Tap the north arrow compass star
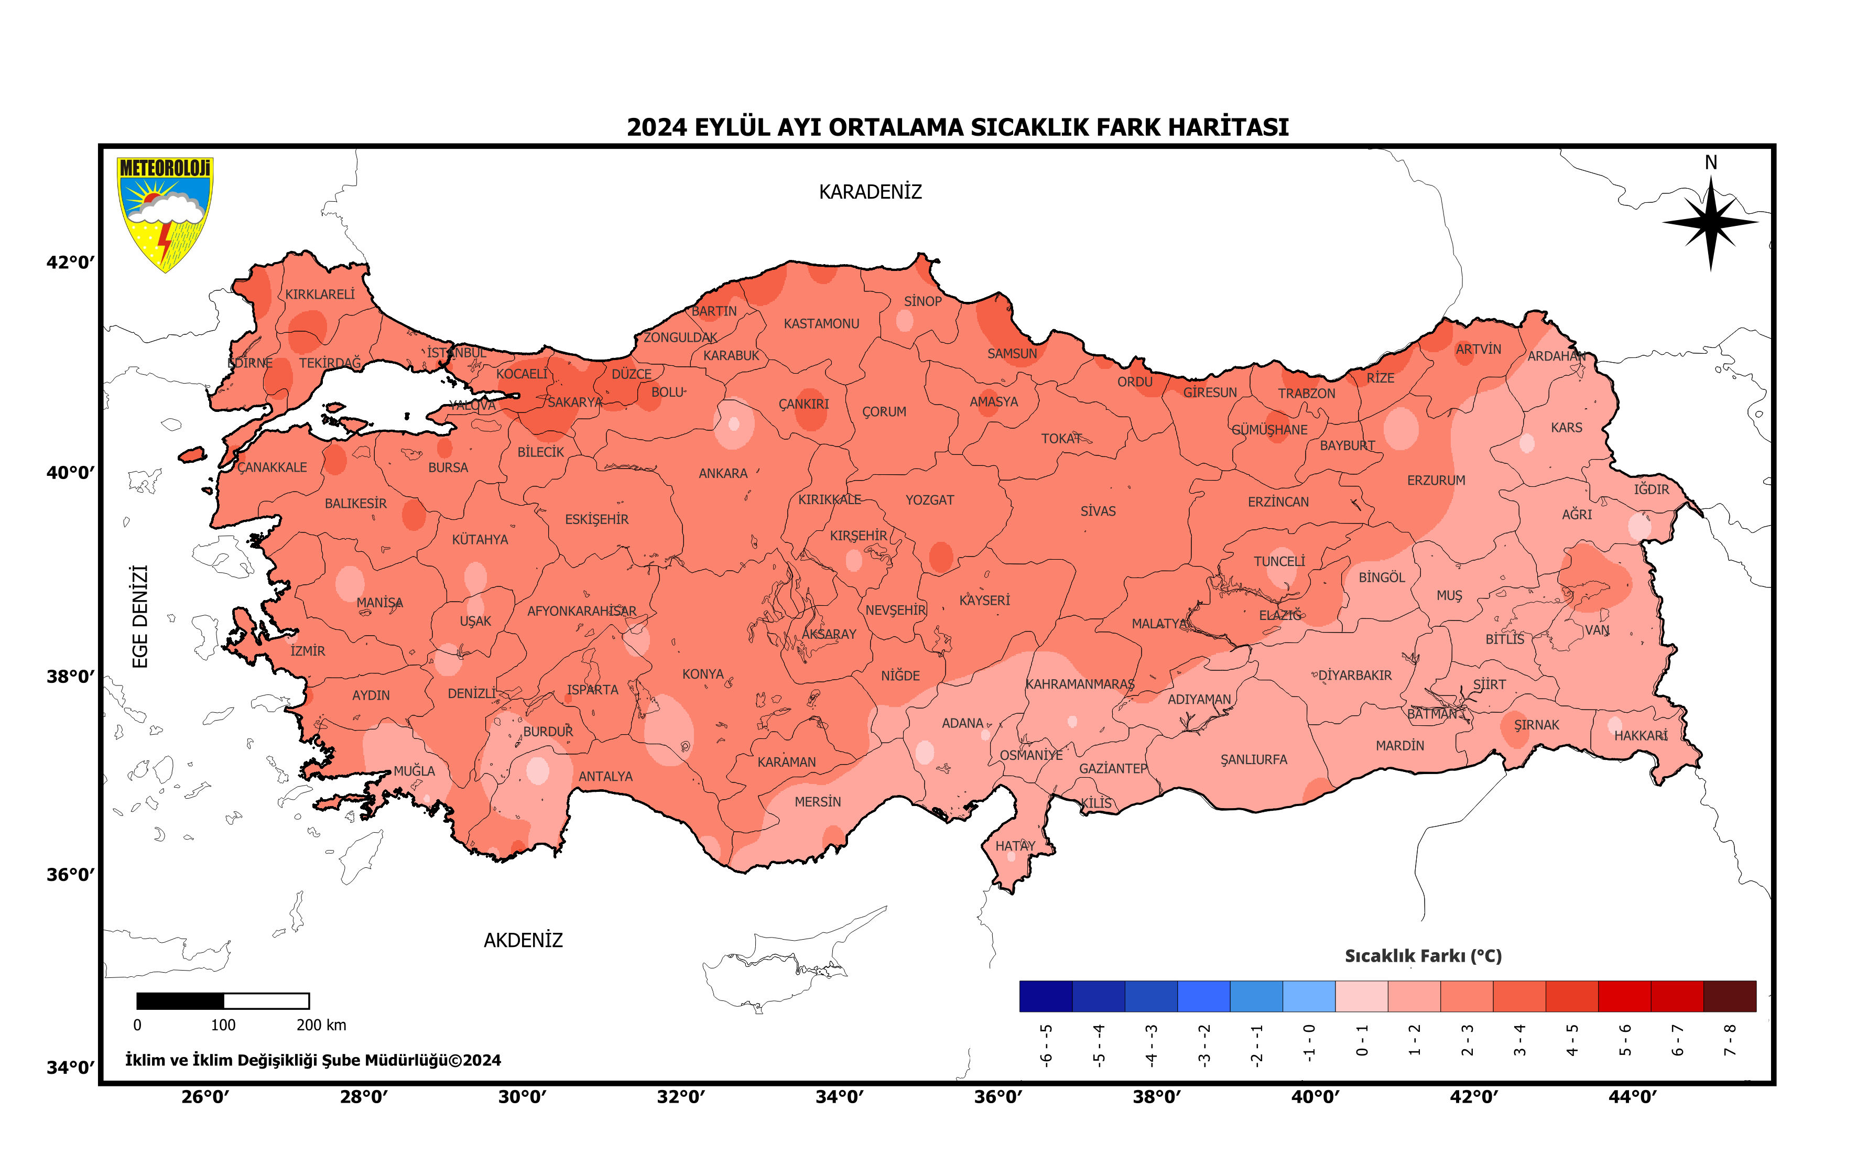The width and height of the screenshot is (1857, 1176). (x=1710, y=223)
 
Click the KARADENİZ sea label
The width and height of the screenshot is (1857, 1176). (x=870, y=192)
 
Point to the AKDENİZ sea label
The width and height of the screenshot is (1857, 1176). (x=523, y=940)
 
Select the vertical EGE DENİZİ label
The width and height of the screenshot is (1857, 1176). (x=139, y=616)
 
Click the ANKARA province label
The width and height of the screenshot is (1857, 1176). (x=723, y=473)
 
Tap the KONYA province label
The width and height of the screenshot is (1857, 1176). (x=702, y=674)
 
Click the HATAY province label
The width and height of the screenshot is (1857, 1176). (x=1014, y=846)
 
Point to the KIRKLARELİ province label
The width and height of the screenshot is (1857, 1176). (x=320, y=295)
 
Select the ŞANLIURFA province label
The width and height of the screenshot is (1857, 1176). (x=1253, y=759)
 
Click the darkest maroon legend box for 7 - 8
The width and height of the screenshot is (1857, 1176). (x=1729, y=996)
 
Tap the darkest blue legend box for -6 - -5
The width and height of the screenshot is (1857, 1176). (x=1045, y=996)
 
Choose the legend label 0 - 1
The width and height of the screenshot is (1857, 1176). (x=1361, y=1040)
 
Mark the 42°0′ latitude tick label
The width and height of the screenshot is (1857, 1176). (x=69, y=262)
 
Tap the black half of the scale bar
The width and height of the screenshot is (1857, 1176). (x=180, y=1001)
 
